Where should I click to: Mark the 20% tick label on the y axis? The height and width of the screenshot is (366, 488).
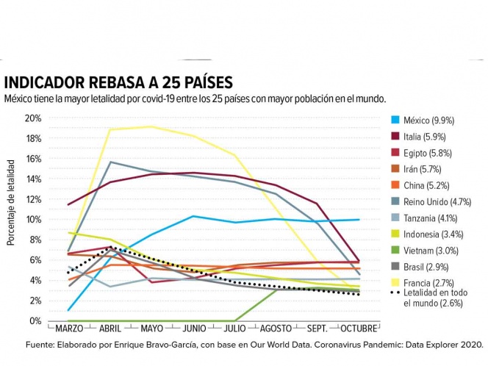(x=34, y=118)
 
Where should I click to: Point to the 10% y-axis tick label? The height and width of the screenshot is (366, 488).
(x=34, y=219)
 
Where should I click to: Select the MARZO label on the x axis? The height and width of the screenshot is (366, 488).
(x=69, y=329)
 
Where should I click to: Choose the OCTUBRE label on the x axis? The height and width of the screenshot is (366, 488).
(x=358, y=329)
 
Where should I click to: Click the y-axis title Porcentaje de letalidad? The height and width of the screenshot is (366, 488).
(x=11, y=207)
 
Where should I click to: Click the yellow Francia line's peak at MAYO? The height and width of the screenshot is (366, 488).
(x=151, y=126)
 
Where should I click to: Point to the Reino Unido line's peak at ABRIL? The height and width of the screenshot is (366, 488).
(x=110, y=162)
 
